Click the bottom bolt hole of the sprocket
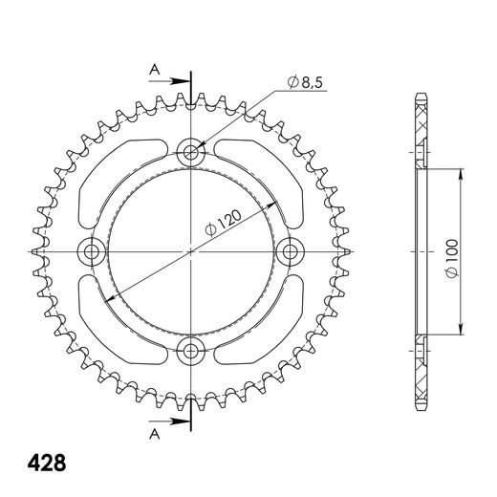pyautogui.click(x=191, y=350)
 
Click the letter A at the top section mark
pyautogui.click(x=151, y=68)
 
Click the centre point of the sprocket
pyautogui.click(x=191, y=250)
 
